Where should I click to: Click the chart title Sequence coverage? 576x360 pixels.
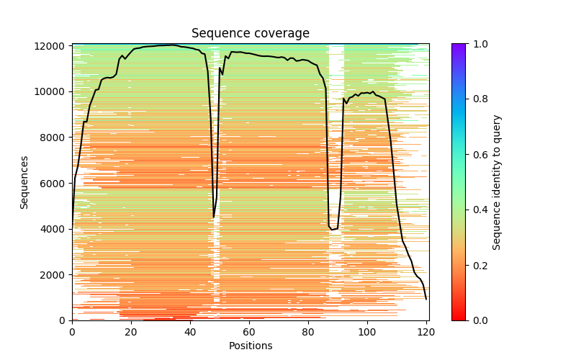[250, 34]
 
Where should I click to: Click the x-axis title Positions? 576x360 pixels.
[250, 346]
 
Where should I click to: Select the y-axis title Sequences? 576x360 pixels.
[24, 182]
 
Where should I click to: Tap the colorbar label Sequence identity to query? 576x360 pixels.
[497, 182]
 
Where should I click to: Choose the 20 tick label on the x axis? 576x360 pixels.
[131, 332]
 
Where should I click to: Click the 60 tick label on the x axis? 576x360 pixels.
[249, 332]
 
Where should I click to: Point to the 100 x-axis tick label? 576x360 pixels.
[367, 332]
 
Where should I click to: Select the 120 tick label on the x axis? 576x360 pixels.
[426, 332]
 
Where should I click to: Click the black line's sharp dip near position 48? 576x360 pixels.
[214, 217]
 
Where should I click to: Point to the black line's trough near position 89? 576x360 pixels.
[332, 230]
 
